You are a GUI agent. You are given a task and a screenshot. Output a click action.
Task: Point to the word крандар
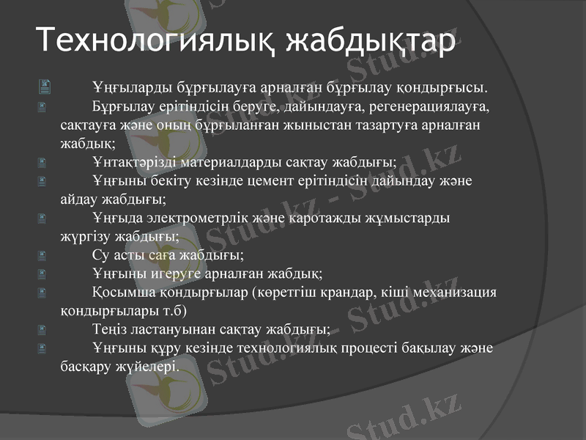pyautogui.click(x=340, y=293)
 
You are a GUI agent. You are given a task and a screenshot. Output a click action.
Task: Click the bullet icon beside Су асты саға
pyautogui.click(x=44, y=256)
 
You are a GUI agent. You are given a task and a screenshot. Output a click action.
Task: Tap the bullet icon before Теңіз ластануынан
pyautogui.click(x=44, y=329)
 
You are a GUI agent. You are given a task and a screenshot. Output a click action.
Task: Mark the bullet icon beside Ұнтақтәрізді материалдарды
pyautogui.click(x=44, y=162)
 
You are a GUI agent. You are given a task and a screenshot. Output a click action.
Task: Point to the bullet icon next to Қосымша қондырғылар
pyautogui.click(x=44, y=293)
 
